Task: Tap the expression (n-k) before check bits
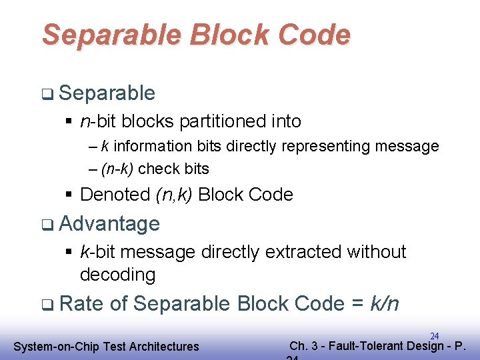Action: point(117,169)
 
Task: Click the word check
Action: point(155,169)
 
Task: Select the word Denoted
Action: point(115,195)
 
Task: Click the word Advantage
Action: point(109,223)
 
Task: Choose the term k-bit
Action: point(98,252)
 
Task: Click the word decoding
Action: point(117,274)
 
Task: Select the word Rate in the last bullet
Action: point(81,304)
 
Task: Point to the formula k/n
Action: point(384,304)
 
